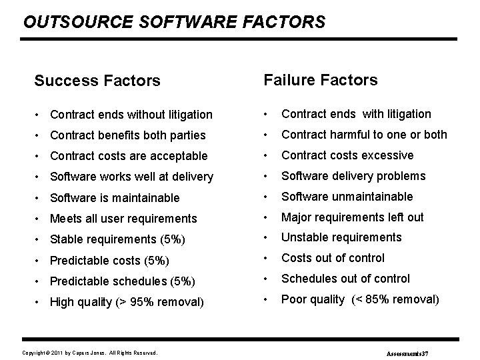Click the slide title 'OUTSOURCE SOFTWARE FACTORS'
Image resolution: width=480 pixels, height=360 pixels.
click(174, 22)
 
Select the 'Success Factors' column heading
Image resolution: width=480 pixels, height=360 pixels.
click(97, 81)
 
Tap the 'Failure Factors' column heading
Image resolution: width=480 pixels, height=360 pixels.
click(321, 81)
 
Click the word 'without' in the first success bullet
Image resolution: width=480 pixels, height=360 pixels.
click(147, 115)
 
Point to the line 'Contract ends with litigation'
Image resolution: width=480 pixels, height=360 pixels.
click(356, 114)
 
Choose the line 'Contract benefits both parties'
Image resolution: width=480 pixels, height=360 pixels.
click(128, 135)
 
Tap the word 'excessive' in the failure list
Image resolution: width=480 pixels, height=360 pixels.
click(389, 155)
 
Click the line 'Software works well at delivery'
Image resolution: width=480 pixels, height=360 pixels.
click(132, 177)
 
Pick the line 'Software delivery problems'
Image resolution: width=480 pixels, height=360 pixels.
click(353, 176)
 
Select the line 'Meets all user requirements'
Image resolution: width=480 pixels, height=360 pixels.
click(124, 219)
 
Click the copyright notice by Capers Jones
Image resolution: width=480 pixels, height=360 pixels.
click(90, 352)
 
